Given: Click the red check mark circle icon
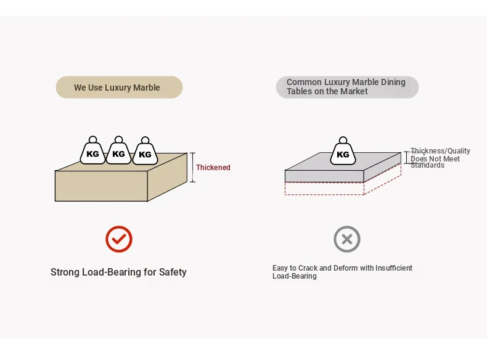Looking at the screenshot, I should click(119, 239).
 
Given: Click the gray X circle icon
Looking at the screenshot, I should click(347, 239).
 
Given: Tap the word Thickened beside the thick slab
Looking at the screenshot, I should click(213, 168).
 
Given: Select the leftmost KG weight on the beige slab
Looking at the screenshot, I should click(92, 152).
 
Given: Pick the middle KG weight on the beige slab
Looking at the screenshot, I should click(118, 152).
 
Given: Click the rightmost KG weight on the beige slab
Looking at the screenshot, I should click(145, 152).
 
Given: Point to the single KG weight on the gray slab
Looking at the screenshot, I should click(343, 152).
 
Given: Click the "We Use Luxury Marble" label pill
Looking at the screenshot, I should click(119, 88).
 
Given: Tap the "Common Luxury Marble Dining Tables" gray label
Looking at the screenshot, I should click(347, 87).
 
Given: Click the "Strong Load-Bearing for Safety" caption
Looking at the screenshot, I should click(118, 272).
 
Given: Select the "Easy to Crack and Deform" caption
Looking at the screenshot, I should click(342, 272).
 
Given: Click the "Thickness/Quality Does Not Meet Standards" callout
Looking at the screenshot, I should click(440, 158).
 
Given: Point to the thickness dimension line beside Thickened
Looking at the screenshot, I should click(192, 168).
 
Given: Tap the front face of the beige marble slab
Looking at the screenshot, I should click(101, 186).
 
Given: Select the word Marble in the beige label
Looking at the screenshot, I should click(146, 88).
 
